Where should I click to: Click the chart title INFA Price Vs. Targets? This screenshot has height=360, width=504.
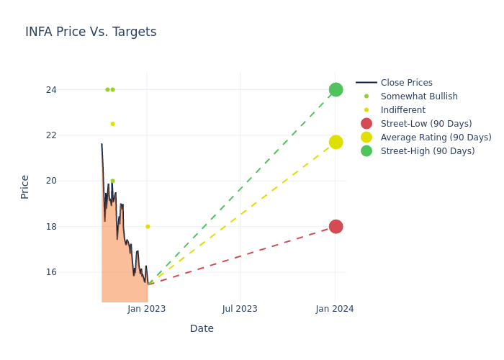[91, 32]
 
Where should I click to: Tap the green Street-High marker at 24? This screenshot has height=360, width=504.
[336, 89]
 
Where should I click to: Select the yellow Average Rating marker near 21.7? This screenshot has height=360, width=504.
[336, 142]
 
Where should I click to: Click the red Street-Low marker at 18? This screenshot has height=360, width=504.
[336, 226]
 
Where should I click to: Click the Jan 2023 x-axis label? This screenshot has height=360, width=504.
[147, 309]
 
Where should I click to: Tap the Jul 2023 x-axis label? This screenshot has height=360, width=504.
[240, 309]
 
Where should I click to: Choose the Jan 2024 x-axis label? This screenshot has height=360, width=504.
[335, 309]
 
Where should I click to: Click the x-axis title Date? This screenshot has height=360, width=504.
[202, 328]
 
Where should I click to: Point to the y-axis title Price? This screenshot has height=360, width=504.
[25, 186]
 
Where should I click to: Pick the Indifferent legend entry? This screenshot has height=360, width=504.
[402, 110]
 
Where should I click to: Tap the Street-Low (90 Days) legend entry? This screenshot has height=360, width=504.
[426, 124]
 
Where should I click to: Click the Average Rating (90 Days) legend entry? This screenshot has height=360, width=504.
[436, 138]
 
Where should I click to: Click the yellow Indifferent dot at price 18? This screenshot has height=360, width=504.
[148, 226]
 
